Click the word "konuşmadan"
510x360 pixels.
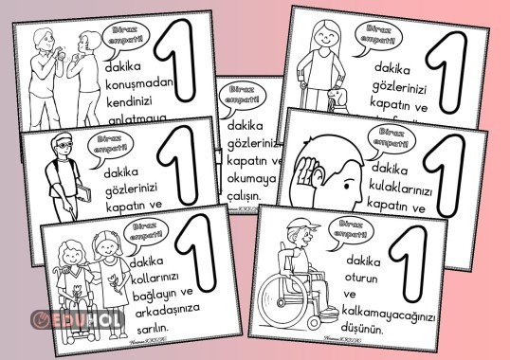[x=142, y=85]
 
